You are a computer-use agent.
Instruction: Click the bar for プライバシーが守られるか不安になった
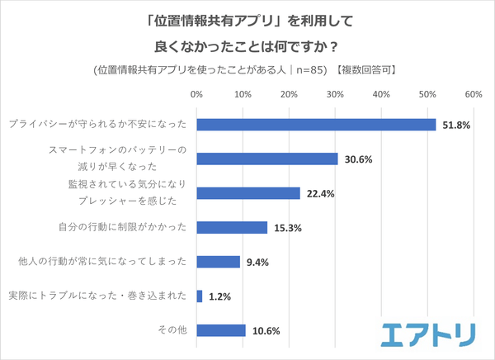(x=316, y=125)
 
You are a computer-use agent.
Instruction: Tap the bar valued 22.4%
(x=248, y=193)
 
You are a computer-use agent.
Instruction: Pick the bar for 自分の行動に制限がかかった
(x=232, y=228)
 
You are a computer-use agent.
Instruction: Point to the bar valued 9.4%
(x=219, y=262)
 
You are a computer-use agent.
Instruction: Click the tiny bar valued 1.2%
(x=199, y=296)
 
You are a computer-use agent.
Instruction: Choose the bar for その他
(x=221, y=330)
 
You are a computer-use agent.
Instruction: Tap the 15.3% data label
(x=287, y=228)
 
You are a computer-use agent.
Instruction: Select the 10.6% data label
(x=266, y=331)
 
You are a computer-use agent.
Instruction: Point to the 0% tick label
(x=196, y=96)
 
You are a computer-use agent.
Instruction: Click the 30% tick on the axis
(x=335, y=96)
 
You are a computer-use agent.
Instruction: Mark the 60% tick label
(x=473, y=96)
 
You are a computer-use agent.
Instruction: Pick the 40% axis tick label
(x=381, y=96)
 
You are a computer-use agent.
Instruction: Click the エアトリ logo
(x=428, y=334)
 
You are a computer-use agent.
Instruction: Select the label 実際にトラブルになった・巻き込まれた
(x=97, y=296)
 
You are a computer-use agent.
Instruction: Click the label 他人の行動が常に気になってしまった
(x=102, y=262)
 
